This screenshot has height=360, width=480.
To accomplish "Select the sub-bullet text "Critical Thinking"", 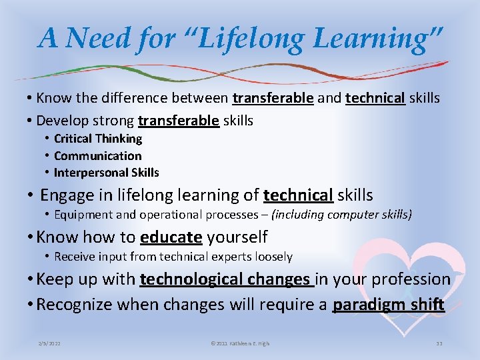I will pyautogui.click(x=98, y=139).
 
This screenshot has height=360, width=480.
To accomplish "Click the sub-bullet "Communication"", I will pyautogui.click(x=98, y=156).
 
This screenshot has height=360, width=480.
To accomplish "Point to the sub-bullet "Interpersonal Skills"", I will pyautogui.click(x=107, y=173).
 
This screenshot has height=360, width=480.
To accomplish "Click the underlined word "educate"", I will pyautogui.click(x=171, y=237).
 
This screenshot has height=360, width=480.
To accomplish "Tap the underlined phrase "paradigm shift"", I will pyautogui.click(x=389, y=305).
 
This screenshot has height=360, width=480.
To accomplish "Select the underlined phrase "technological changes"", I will pyautogui.click(x=225, y=279).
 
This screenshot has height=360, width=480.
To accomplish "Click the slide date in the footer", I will pyautogui.click(x=51, y=343).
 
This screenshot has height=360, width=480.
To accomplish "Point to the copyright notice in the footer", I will pyautogui.click(x=240, y=343).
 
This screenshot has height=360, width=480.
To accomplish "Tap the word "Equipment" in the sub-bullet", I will pyautogui.click(x=81, y=215).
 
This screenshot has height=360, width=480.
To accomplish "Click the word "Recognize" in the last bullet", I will pyautogui.click(x=75, y=305).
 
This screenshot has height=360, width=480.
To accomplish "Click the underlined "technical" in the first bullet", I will pyautogui.click(x=375, y=99).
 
